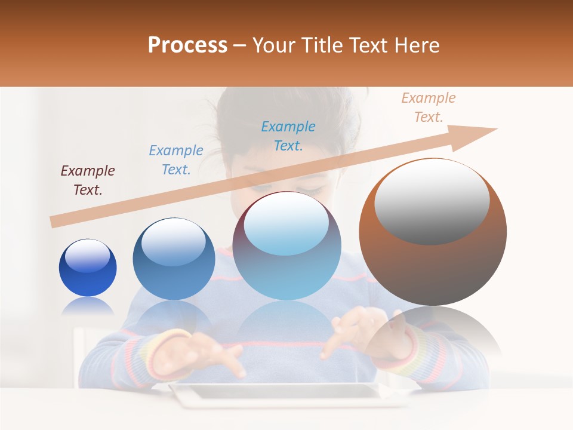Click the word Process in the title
click(187, 45)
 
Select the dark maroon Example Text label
click(87, 180)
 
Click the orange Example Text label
click(428, 107)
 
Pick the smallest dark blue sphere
click(88, 268)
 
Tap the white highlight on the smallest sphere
click(87, 256)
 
